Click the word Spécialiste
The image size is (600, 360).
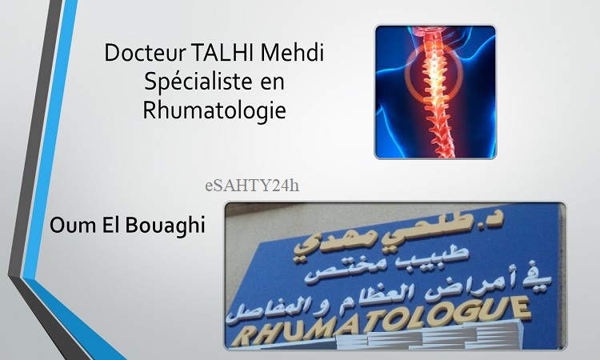tap(198, 82)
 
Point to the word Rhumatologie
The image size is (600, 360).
tap(214, 110)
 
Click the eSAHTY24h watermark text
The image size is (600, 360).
tap(252, 186)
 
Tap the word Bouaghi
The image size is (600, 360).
tap(165, 226)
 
